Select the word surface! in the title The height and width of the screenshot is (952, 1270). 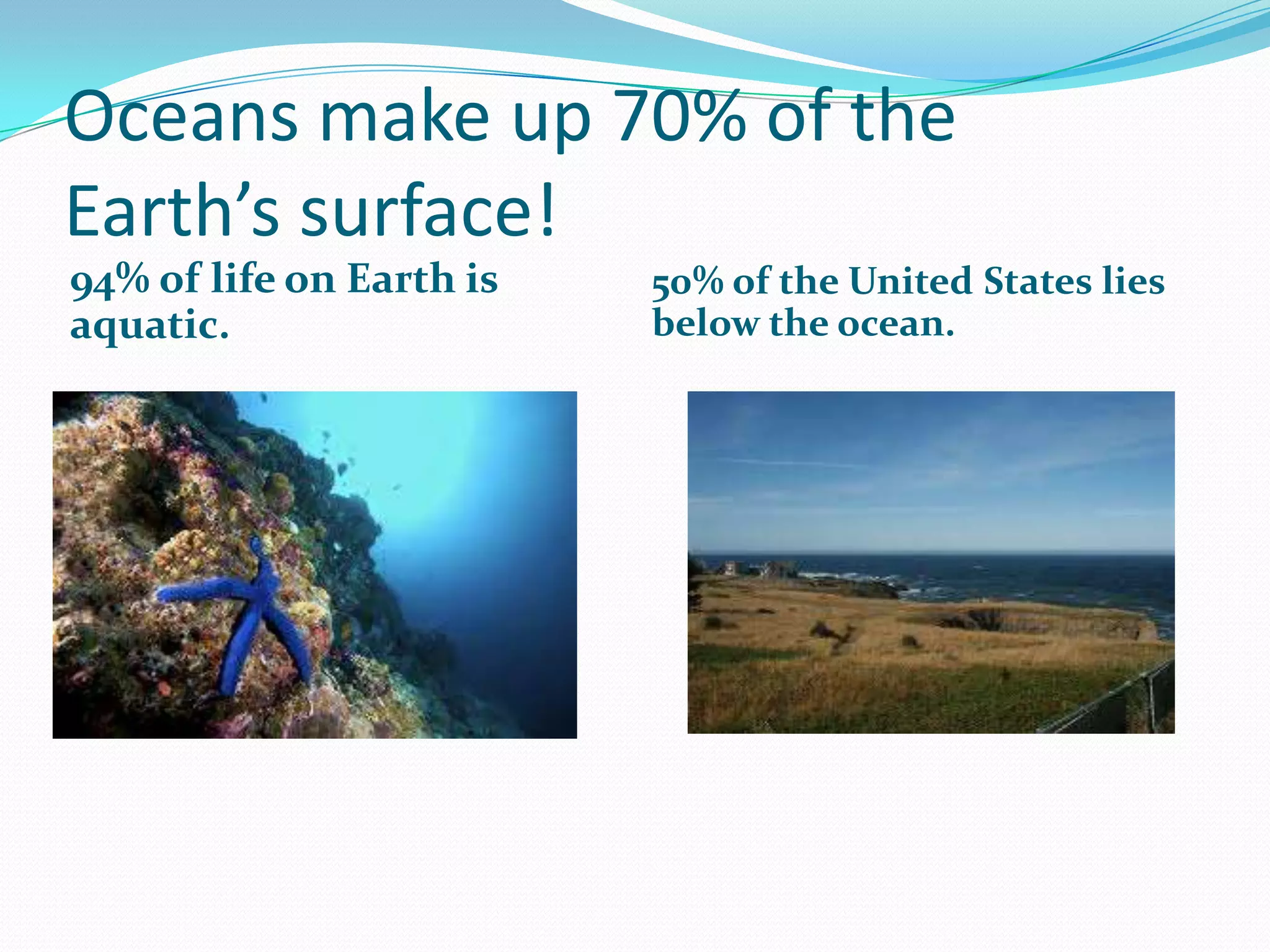point(428,211)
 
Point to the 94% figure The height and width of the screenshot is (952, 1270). point(109,280)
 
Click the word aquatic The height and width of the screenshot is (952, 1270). point(149,325)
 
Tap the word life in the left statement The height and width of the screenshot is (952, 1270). point(242,278)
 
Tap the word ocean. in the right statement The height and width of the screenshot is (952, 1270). point(895,324)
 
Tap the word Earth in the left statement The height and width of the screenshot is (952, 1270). point(401,278)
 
